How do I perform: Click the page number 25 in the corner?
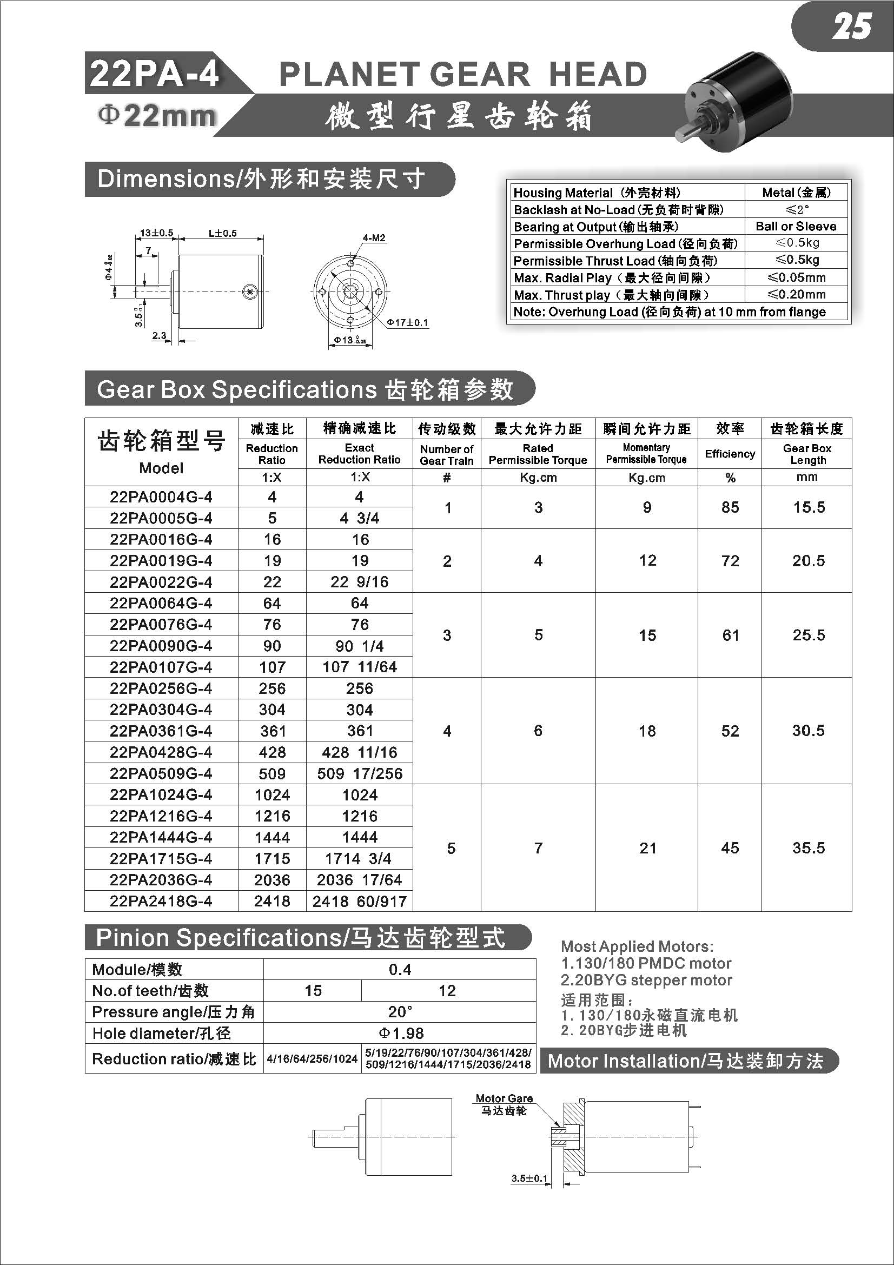tap(851, 27)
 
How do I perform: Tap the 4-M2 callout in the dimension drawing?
tap(374, 238)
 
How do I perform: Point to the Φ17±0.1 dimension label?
tap(408, 322)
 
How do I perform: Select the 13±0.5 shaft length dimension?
tap(156, 233)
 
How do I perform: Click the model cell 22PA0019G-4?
tap(161, 561)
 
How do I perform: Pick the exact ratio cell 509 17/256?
tap(360, 773)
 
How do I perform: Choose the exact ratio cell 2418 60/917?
tap(360, 902)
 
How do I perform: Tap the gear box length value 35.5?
tap(809, 847)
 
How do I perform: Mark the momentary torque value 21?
tap(647, 848)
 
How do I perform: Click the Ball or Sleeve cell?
tap(796, 227)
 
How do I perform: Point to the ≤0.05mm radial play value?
tap(797, 277)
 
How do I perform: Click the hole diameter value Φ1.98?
tap(400, 1034)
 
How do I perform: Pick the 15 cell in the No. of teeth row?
tap(313, 991)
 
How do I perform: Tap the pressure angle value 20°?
tap(400, 1012)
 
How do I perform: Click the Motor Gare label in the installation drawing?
tap(504, 1098)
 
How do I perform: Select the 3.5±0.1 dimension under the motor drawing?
tap(529, 1178)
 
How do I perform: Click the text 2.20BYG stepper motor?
tap(647, 980)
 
